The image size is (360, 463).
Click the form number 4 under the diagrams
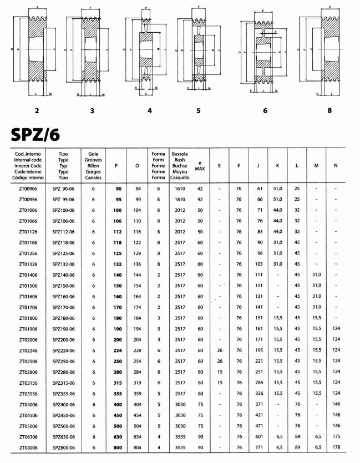(150, 110)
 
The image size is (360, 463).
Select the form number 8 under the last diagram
(329, 110)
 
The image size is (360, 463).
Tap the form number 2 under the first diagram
(37, 110)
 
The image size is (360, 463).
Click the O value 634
(136, 437)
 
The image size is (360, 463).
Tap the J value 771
(258, 447)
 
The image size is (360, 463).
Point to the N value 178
(336, 447)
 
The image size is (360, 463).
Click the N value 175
(336, 437)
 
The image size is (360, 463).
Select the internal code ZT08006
(28, 447)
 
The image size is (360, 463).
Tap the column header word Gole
(93, 152)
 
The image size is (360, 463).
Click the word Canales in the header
(93, 178)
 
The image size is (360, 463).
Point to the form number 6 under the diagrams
(265, 110)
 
